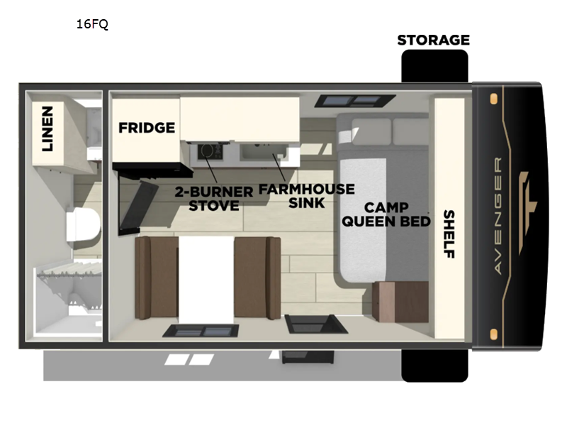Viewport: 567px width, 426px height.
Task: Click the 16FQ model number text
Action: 92,24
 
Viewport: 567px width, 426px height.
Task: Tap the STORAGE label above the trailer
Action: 434,40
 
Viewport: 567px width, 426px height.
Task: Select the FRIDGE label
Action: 147,128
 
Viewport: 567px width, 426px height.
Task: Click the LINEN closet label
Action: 47,129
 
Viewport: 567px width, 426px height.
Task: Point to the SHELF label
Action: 449,234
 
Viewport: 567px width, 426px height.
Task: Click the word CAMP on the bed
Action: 386,207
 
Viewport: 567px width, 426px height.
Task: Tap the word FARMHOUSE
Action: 307,189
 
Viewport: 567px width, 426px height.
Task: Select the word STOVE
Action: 214,206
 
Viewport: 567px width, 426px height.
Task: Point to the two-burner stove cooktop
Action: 210,151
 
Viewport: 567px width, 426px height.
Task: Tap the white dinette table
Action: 206,279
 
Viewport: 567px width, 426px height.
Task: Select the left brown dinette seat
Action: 157,278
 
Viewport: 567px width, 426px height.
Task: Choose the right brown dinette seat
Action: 257,278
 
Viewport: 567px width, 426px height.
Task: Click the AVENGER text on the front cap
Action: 498,216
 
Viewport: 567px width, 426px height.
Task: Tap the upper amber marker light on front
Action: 493,99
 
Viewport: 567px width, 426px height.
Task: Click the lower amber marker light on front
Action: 493,334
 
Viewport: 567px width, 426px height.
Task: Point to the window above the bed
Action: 355,101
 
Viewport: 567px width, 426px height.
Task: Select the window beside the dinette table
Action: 201,331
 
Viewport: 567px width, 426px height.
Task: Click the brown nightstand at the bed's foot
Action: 400,302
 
